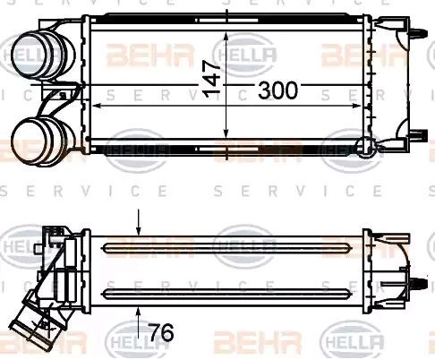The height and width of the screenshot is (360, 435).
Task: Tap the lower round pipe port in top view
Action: click(x=34, y=140)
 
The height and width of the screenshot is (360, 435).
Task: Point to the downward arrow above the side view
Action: click(x=138, y=223)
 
